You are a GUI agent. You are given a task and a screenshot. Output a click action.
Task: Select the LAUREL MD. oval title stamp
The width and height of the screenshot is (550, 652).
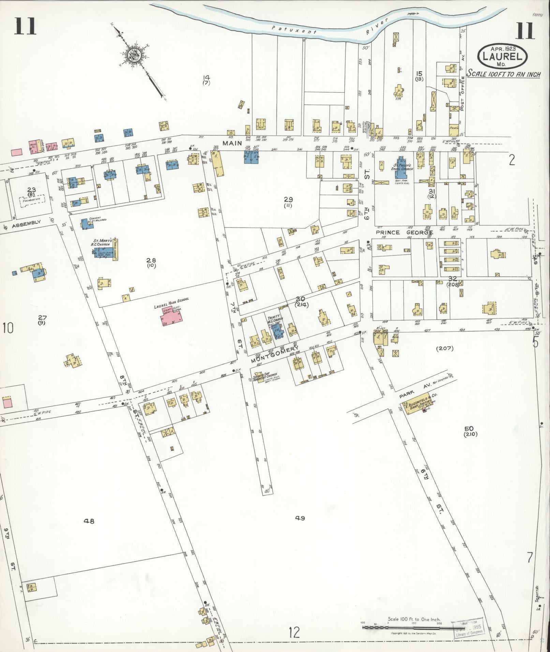click(x=503, y=56)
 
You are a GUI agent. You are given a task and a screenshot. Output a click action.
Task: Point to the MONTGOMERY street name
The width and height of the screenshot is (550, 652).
click(x=275, y=354)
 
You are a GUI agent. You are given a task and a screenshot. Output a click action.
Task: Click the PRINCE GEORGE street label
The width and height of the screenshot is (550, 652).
click(x=404, y=232)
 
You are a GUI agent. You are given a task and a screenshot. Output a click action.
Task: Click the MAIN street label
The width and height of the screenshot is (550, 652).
click(x=233, y=143)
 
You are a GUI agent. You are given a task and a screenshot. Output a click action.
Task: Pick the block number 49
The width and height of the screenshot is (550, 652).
click(x=300, y=528)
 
